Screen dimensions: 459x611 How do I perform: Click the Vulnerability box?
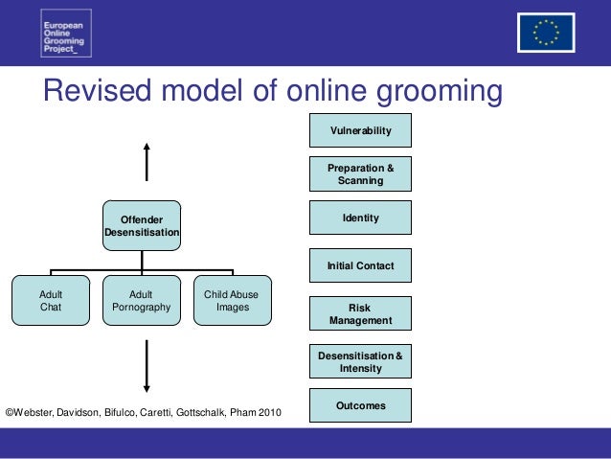(x=360, y=129)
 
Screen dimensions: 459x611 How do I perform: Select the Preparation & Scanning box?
(x=360, y=173)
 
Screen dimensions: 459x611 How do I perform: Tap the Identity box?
(x=360, y=218)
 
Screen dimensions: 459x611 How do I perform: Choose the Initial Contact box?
(x=360, y=265)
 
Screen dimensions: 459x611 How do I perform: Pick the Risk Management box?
(x=360, y=313)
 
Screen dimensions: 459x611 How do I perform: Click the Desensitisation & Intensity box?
(x=360, y=361)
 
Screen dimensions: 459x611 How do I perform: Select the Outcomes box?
(x=360, y=405)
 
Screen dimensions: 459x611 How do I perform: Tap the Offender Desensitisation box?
(x=142, y=226)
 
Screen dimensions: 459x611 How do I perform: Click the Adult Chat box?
(x=51, y=301)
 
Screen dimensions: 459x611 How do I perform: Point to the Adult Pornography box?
(x=142, y=301)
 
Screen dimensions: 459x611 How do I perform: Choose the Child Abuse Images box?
(x=232, y=301)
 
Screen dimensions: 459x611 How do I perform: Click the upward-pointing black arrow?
(x=146, y=162)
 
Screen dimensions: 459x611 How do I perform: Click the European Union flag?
(x=546, y=33)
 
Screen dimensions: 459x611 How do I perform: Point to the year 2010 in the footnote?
(x=269, y=412)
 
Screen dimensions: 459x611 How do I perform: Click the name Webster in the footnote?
(x=38, y=412)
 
